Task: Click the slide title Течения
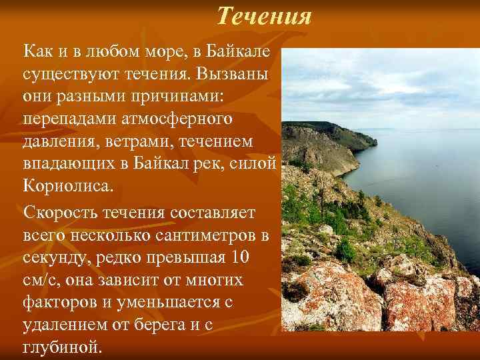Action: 264,15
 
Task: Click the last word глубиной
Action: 63,347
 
